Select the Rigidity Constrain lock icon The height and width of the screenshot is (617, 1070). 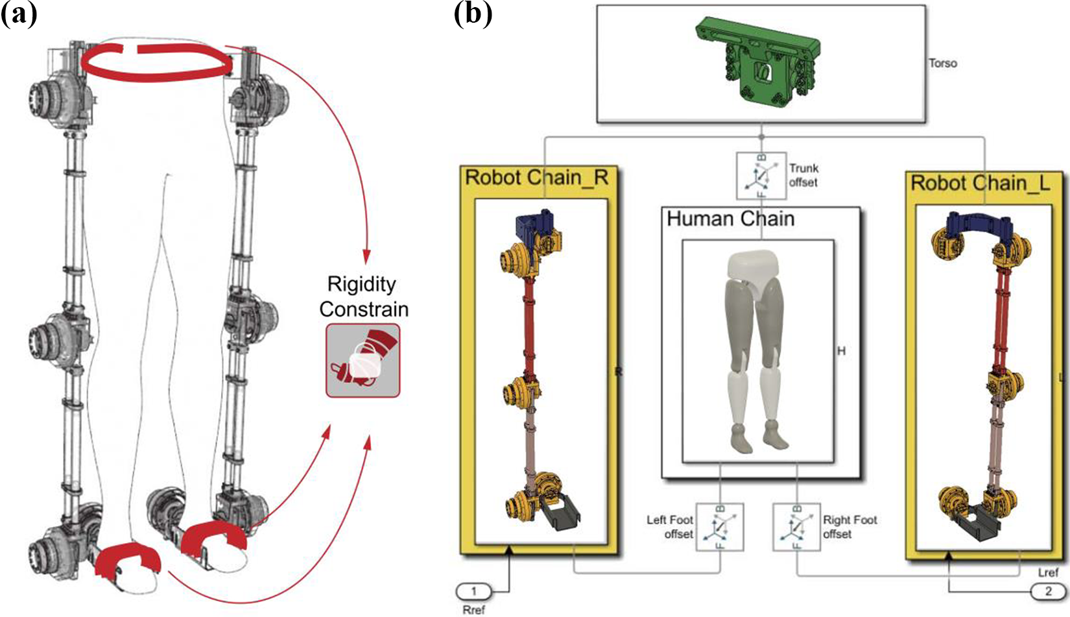(363, 360)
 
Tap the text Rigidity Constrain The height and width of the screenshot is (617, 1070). (364, 296)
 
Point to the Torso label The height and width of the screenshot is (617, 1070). (942, 63)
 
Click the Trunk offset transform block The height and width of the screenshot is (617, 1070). (761, 176)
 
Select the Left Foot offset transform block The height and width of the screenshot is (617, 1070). (719, 527)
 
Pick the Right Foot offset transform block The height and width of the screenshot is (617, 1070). (797, 527)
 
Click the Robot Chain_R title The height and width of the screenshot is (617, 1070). (536, 177)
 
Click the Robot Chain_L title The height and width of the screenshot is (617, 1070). (980, 183)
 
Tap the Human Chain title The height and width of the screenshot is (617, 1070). (730, 219)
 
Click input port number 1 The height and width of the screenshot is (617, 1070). (474, 592)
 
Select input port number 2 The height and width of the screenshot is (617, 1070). (1048, 592)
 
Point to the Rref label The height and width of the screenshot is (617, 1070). (473, 610)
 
